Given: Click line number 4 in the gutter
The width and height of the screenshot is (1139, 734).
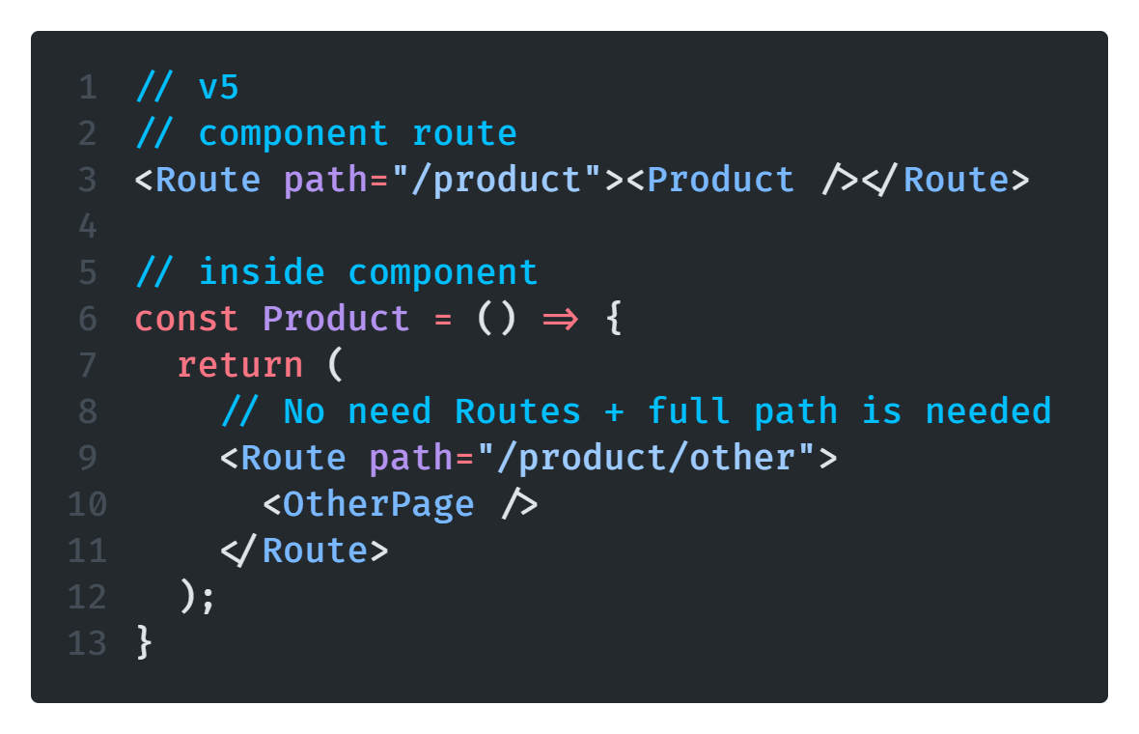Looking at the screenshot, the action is tap(88, 227).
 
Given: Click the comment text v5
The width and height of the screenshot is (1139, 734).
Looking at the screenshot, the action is tap(218, 88).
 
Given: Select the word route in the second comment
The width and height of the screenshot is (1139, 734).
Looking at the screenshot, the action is tap(464, 133).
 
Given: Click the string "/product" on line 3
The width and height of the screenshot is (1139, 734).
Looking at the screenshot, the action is tap(496, 181).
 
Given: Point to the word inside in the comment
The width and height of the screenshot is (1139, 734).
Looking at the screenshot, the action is tap(262, 272).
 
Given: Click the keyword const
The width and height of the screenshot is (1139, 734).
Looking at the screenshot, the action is tap(186, 319).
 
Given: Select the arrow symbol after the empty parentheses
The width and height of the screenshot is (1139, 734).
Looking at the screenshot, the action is tap(560, 319).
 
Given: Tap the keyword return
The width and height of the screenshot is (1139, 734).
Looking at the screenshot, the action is tap(240, 365).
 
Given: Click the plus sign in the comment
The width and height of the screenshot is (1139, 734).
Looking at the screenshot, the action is tap(614, 411).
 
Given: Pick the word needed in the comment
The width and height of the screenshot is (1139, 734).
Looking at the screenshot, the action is tap(987, 411).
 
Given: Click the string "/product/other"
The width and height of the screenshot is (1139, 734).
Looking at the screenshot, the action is tap(644, 458).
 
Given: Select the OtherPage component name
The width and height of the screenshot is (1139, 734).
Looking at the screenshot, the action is tap(378, 504).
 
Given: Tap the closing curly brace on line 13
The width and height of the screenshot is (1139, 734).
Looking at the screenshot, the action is tap(145, 643).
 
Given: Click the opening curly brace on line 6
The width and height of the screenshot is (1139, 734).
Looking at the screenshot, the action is tap(612, 319).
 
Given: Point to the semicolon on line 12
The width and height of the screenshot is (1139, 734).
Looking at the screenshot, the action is tap(208, 597).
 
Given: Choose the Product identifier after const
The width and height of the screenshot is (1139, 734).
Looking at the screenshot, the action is tap(336, 319).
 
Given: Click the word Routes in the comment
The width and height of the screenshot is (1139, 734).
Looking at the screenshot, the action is tap(517, 411).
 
